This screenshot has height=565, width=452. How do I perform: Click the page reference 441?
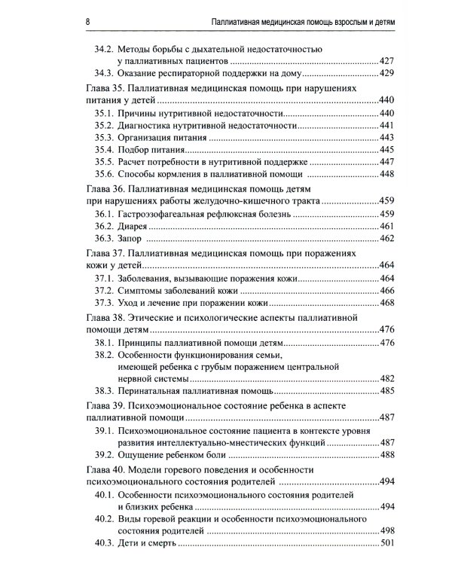[386, 125]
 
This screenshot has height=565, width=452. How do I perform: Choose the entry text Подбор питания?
[156, 150]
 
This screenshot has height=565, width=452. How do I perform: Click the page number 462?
[386, 239]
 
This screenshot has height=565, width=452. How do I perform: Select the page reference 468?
[386, 303]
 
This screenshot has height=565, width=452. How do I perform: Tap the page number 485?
[386, 391]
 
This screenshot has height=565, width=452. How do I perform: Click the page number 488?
[386, 455]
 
